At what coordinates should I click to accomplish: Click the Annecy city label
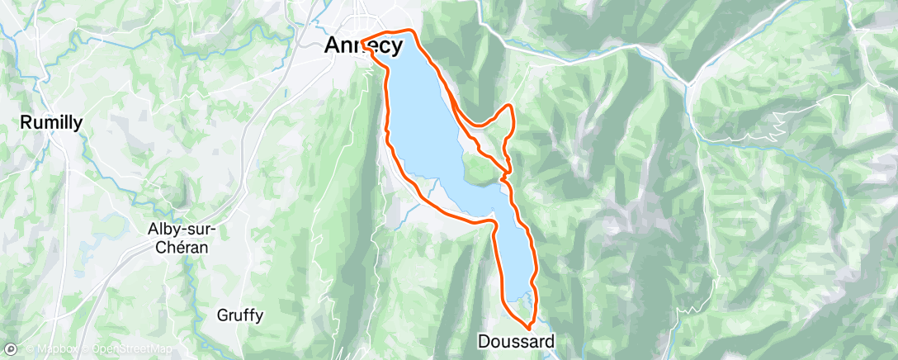coord(363,46)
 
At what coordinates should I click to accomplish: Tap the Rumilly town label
coord(51,123)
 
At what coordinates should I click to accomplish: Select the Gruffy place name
coord(240,315)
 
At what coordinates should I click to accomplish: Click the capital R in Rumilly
coord(26,123)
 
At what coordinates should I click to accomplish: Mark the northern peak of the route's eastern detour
coord(510,106)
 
